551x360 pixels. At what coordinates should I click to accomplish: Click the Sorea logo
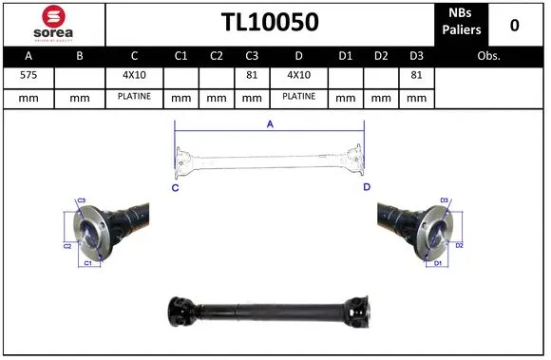[x=53, y=23]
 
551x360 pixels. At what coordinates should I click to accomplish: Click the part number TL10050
[x=270, y=23]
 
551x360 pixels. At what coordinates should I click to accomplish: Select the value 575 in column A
[x=28, y=76]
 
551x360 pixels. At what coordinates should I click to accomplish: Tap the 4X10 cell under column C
[x=135, y=76]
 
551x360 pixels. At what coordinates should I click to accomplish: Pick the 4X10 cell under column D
[x=298, y=76]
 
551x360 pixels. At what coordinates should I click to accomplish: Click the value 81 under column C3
[x=252, y=76]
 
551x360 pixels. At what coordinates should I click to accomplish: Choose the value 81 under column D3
[x=415, y=76]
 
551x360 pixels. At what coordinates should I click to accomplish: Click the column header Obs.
[x=489, y=56]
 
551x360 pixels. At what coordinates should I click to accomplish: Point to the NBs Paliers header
[x=462, y=23]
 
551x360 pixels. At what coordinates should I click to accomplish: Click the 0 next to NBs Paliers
[x=514, y=24]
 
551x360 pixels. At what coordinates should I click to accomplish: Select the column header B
[x=80, y=56]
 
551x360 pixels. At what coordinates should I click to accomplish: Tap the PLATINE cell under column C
[x=135, y=97]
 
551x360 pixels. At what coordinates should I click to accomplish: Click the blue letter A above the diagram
[x=269, y=123]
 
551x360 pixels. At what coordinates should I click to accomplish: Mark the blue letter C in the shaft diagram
[x=176, y=188]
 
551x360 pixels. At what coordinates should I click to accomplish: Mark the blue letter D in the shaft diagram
[x=366, y=188]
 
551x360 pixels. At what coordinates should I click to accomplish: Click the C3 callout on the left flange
[x=82, y=200]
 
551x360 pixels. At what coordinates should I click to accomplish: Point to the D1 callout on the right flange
[x=438, y=262]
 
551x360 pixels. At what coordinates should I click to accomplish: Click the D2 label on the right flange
[x=459, y=245]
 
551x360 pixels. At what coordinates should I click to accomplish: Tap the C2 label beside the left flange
[x=67, y=246]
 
